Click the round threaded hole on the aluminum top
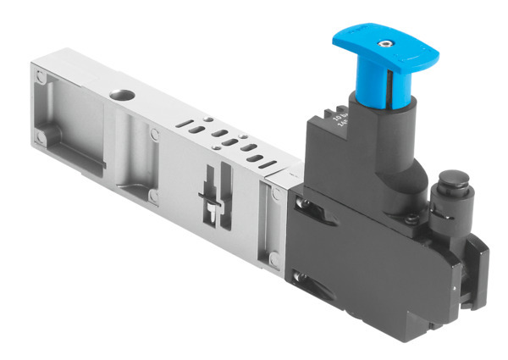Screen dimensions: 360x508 pos(116,90)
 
